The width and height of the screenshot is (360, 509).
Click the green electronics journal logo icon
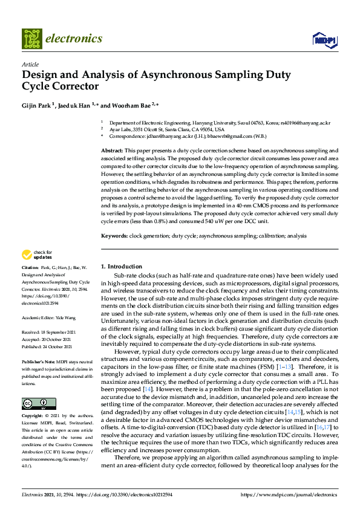coord(32,38)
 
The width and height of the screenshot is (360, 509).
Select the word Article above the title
coord(30,64)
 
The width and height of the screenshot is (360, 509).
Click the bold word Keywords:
coord(114,235)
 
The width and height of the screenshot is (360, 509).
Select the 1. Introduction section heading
coord(121,267)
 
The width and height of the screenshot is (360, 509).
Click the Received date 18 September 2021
coord(51,332)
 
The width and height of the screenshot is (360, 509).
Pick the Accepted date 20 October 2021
coord(51,339)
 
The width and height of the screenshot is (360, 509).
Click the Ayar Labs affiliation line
coord(166,129)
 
